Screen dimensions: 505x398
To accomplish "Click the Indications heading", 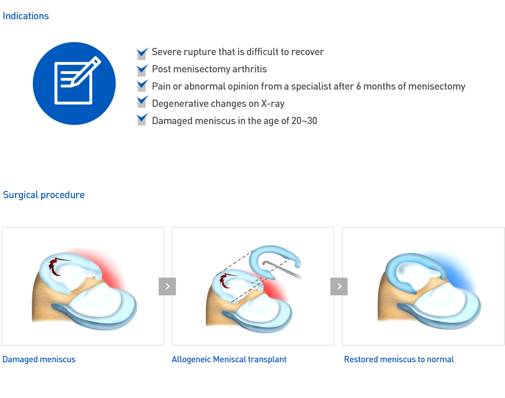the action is click(x=26, y=16).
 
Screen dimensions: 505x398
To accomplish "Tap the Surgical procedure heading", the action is click(x=44, y=195).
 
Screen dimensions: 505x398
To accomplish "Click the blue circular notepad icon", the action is click(x=74, y=84).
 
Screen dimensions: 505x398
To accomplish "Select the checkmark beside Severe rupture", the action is click(x=142, y=53).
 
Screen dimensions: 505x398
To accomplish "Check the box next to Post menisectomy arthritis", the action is click(x=142, y=70).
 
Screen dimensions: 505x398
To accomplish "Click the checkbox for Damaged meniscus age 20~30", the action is click(x=142, y=119).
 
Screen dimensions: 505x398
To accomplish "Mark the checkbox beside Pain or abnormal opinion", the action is click(x=142, y=85).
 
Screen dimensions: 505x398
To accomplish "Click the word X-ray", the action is click(x=273, y=103).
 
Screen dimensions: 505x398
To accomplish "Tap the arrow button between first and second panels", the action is click(x=167, y=286).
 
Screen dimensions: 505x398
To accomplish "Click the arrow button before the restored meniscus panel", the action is click(x=339, y=286).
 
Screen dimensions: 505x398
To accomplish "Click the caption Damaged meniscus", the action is click(x=39, y=360).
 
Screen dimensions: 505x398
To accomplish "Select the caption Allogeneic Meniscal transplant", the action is click(x=229, y=360).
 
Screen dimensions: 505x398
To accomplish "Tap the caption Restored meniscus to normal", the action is click(x=399, y=360).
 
